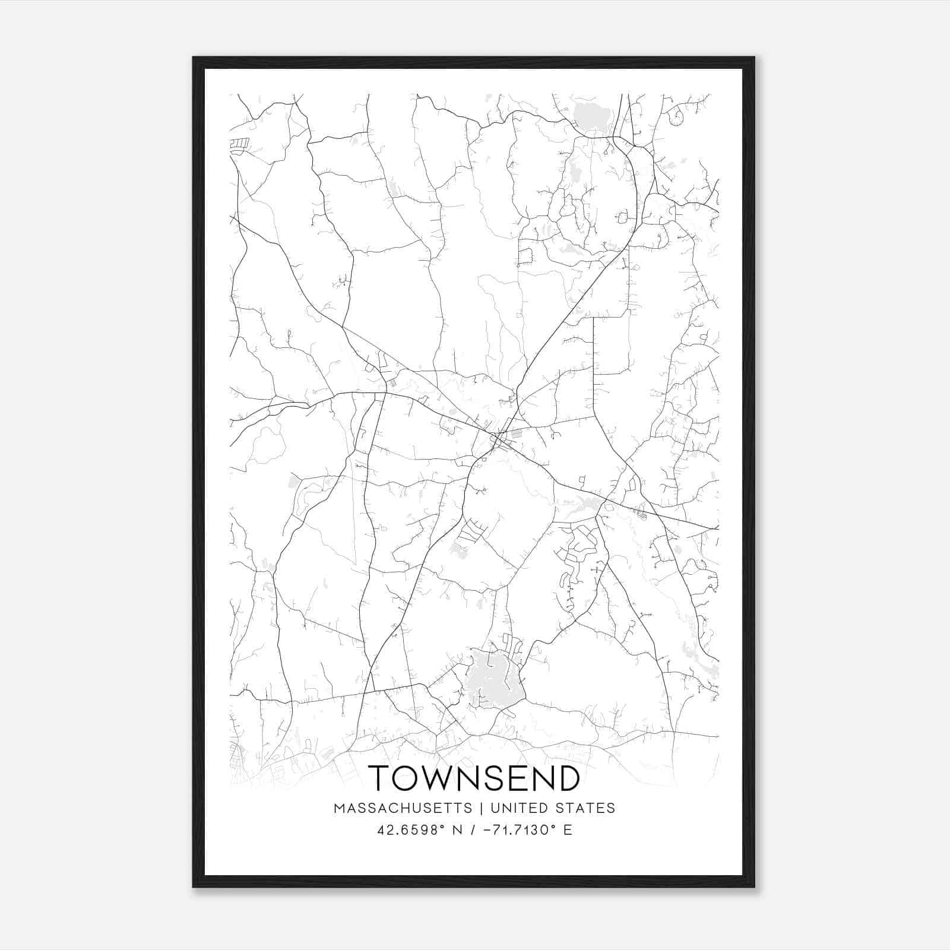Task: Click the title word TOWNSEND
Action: [474, 778]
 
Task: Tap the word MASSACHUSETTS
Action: [403, 808]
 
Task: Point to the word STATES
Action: [587, 808]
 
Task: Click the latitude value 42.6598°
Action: [410, 829]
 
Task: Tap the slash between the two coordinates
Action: [472, 829]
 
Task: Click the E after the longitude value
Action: [568, 829]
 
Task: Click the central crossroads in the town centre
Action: [496, 439]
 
